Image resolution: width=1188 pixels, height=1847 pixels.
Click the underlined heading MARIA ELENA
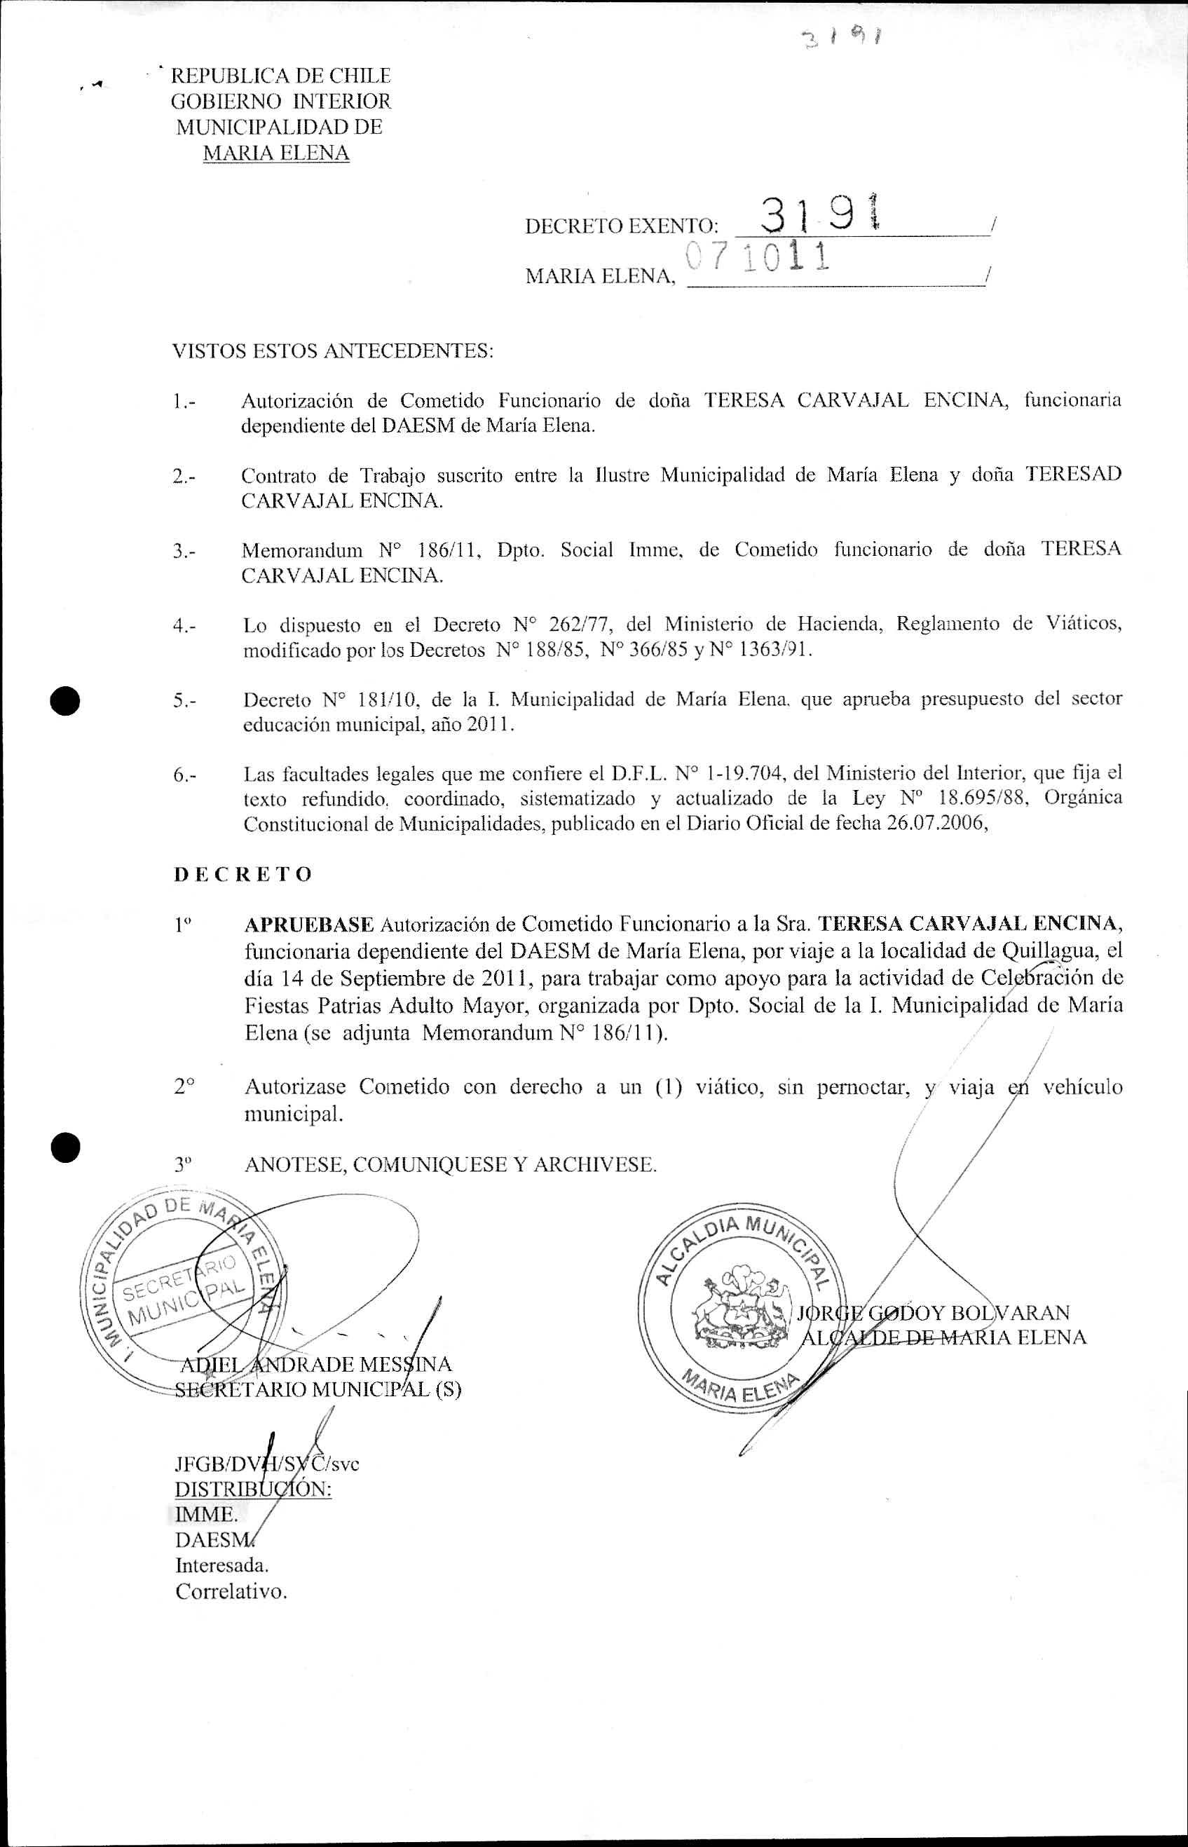[276, 153]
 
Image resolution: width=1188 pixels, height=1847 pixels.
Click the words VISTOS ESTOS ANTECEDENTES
[332, 351]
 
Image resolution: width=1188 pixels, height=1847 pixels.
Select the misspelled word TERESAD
[1073, 474]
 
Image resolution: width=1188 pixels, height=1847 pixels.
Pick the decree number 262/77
[577, 623]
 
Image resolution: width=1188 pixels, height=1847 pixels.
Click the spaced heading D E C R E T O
[243, 874]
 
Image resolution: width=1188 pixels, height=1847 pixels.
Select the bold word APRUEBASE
[308, 924]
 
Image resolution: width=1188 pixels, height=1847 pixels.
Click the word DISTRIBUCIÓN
[253, 1489]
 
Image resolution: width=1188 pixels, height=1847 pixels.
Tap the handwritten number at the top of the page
[841, 36]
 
